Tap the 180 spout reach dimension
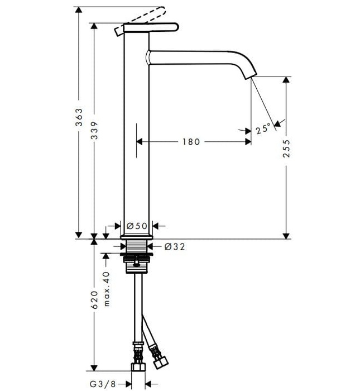tap(190, 142)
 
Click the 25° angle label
tap(263, 129)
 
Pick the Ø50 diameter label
tap(136, 226)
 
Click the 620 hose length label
tap(95, 299)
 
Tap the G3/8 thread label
tap(105, 384)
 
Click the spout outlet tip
tap(253, 75)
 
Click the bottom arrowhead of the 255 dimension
tap(286, 235)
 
